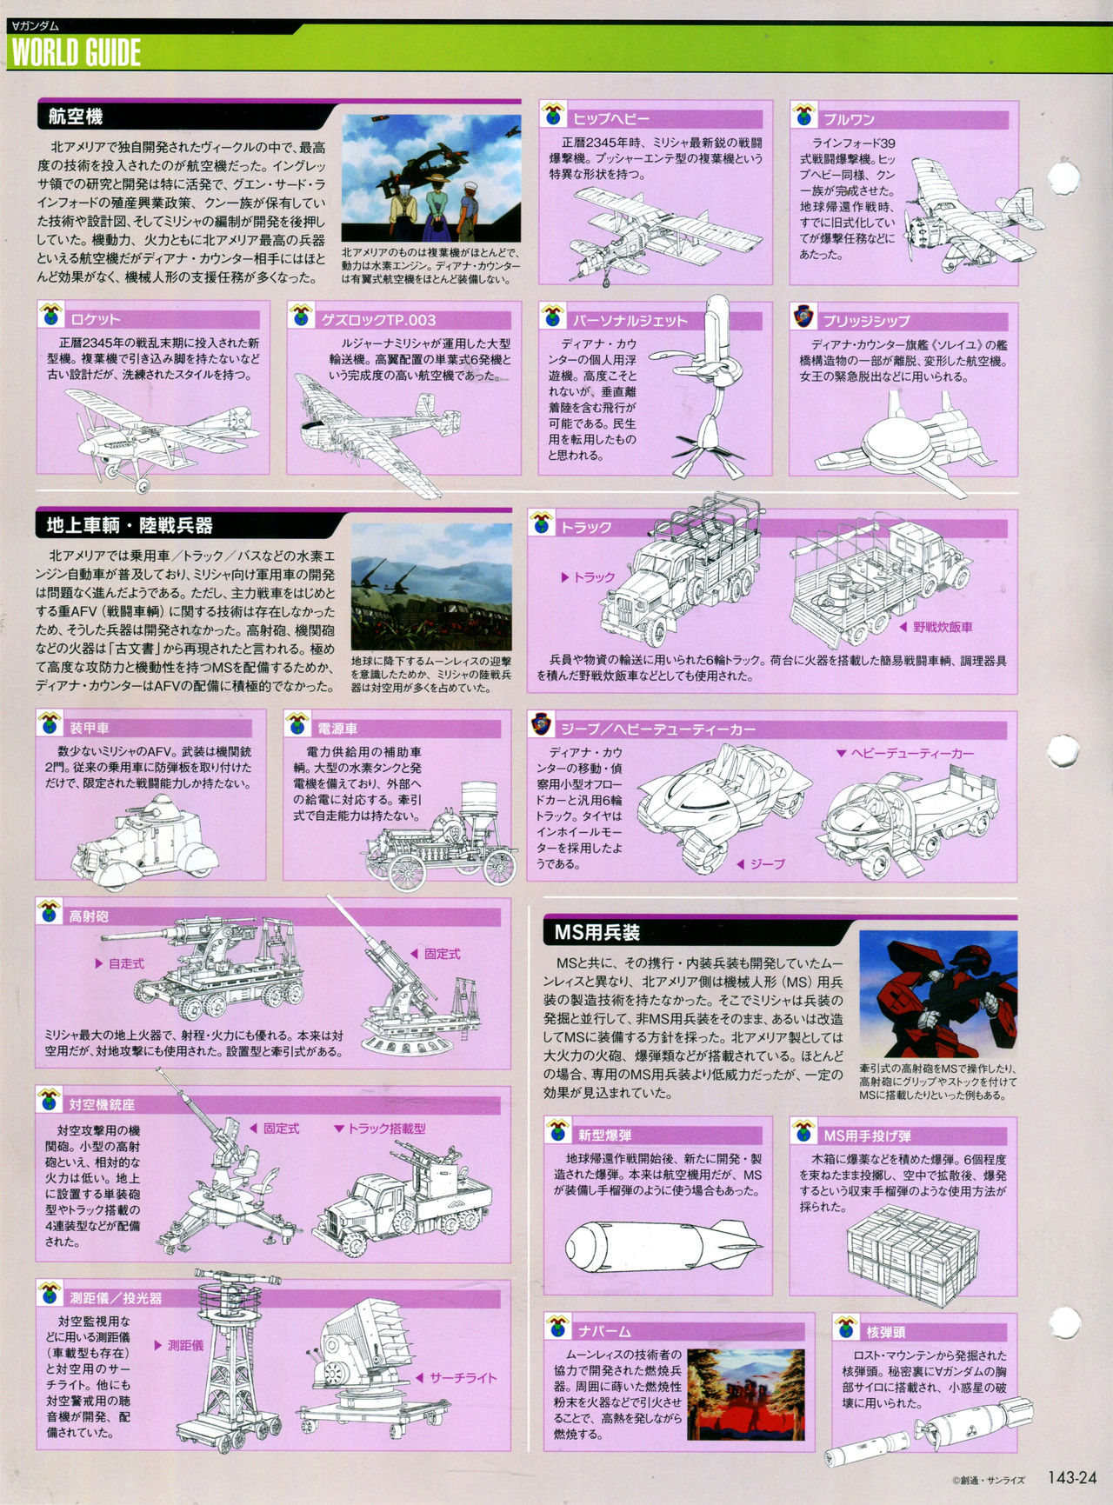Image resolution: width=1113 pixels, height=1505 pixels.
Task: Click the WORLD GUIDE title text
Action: click(77, 53)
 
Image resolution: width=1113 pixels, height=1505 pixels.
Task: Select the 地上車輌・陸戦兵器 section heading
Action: click(129, 526)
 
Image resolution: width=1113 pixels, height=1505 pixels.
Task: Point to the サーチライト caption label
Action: click(463, 1377)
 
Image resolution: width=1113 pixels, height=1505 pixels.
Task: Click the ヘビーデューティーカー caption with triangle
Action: click(903, 753)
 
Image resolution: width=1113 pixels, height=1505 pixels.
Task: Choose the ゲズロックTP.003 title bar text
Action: click(378, 319)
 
